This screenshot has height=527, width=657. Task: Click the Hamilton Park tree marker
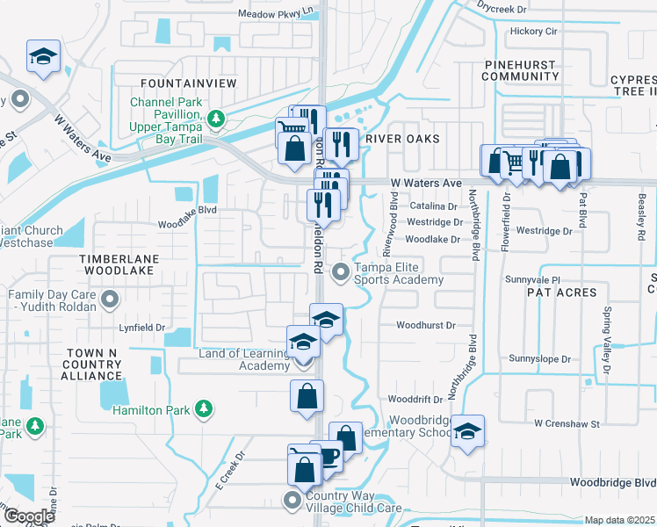coord(203,408)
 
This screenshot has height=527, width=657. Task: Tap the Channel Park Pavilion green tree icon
coord(215,118)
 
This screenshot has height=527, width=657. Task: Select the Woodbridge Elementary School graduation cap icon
coord(468,430)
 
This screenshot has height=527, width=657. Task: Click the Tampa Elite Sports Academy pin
coord(340,274)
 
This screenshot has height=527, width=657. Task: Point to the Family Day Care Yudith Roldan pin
coord(110,301)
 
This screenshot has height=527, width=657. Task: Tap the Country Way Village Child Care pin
coord(292,502)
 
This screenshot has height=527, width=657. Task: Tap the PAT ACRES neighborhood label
coord(563,292)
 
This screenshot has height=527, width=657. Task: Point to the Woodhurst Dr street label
coord(425,325)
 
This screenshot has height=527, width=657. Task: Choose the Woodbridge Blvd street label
coord(612,482)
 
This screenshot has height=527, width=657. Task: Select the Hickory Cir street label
coord(533,31)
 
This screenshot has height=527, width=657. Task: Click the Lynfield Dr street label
coord(142,327)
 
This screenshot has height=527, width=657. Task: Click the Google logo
coord(29,516)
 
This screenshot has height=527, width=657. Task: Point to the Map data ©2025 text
coord(619,520)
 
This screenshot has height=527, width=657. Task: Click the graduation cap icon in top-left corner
coord(42,57)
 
